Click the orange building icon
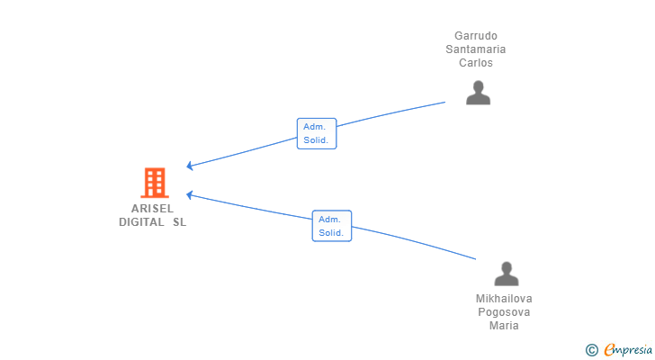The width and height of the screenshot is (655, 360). pyautogui.click(x=155, y=183)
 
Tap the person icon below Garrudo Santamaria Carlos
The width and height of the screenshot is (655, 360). pyautogui.click(x=478, y=93)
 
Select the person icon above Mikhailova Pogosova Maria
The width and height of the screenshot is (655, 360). pyautogui.click(x=507, y=274)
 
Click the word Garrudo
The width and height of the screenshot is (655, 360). pyautogui.click(x=476, y=36)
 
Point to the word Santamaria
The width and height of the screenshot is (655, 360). pyautogui.click(x=476, y=49)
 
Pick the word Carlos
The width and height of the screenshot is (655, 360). pyautogui.click(x=476, y=63)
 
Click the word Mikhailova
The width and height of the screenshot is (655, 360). pyautogui.click(x=504, y=299)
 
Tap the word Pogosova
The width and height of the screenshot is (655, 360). pyautogui.click(x=504, y=312)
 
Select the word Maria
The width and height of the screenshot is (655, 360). pyautogui.click(x=504, y=325)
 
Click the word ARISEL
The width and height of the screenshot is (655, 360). pyautogui.click(x=152, y=209)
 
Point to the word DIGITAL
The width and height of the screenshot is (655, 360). pyautogui.click(x=141, y=222)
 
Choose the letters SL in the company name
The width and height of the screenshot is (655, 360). pyautogui.click(x=180, y=222)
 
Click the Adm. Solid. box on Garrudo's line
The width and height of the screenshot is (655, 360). pyautogui.click(x=317, y=133)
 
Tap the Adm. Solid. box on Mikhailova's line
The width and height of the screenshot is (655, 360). pyautogui.click(x=332, y=226)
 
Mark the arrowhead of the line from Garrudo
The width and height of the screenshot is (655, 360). pyautogui.click(x=189, y=166)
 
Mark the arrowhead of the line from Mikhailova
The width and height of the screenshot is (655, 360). pyautogui.click(x=189, y=195)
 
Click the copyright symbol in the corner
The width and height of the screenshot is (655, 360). pyautogui.click(x=591, y=350)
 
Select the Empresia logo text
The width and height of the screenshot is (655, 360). pyautogui.click(x=628, y=349)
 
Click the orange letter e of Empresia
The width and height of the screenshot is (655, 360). pyautogui.click(x=609, y=350)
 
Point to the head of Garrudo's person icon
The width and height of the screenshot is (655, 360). pyautogui.click(x=478, y=86)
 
